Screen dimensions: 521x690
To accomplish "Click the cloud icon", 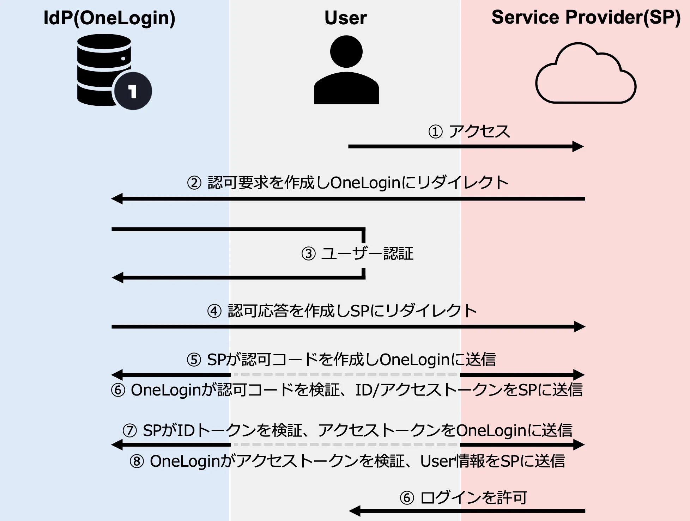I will point(586,76).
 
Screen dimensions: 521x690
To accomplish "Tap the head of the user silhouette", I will point(346,51).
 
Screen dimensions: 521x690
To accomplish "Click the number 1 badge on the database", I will point(132,91).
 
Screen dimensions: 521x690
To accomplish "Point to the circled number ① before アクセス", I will point(435,132).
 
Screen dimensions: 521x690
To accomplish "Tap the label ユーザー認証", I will point(367,253).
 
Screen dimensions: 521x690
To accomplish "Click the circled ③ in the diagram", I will point(308,254).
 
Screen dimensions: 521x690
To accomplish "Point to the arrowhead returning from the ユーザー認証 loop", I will point(118,277).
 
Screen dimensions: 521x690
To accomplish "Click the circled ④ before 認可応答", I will point(214,311).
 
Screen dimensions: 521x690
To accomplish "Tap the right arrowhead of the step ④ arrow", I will point(579,326).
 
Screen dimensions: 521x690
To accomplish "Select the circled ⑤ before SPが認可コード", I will point(194,360).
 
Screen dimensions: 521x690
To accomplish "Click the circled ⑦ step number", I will point(129,431).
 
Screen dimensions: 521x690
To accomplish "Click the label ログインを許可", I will point(473,498).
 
